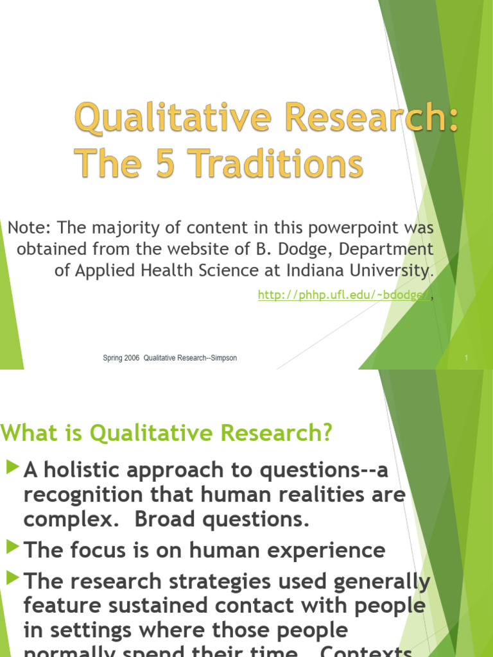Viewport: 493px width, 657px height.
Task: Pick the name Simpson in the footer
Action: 221,358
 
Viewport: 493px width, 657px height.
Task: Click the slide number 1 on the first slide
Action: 467,359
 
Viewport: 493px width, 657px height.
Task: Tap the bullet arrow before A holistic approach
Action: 12,468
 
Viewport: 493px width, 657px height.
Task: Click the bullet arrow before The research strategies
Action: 12,579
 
